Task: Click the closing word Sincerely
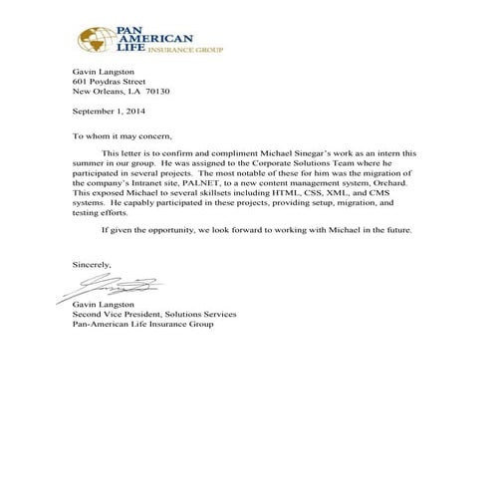pyautogui.click(x=93, y=265)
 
